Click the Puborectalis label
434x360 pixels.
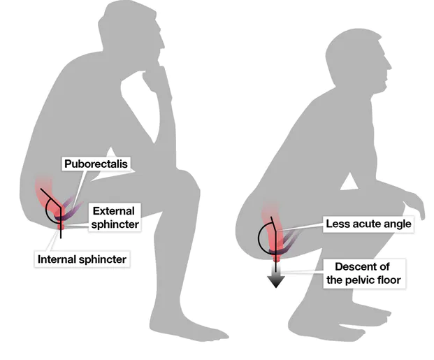point(98,165)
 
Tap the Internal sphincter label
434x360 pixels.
point(82,259)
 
